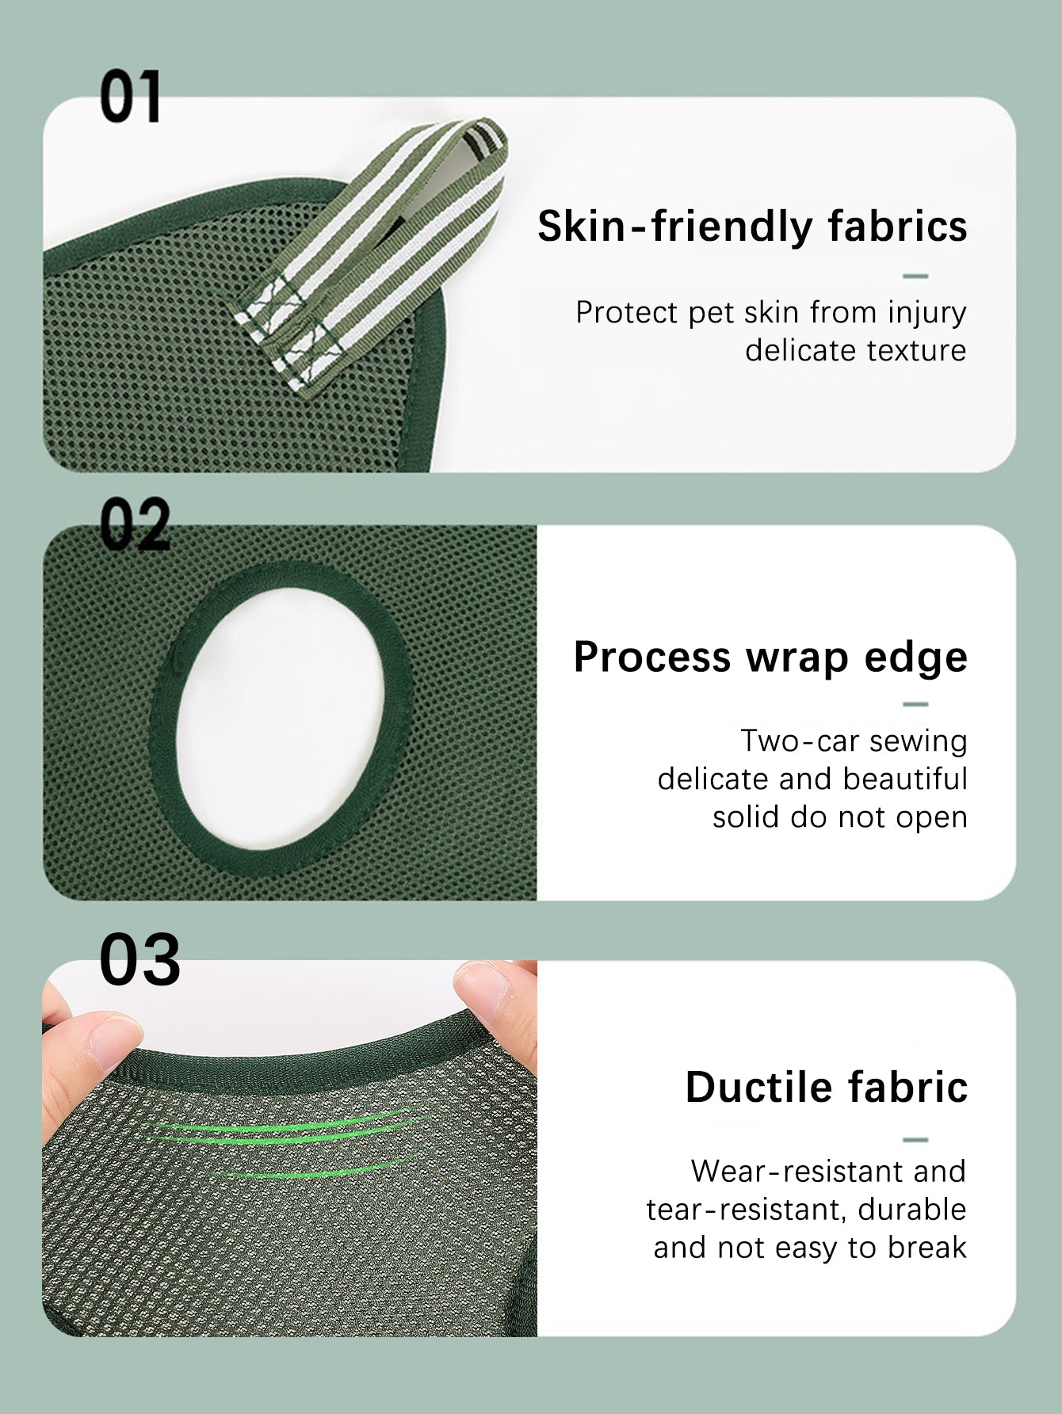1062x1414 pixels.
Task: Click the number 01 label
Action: click(130, 97)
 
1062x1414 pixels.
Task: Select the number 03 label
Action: click(139, 959)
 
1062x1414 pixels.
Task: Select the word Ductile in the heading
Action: click(758, 1087)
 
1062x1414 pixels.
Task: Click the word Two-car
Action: click(799, 741)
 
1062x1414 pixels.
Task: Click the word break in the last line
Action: click(927, 1248)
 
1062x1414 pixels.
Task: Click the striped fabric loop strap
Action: click(372, 253)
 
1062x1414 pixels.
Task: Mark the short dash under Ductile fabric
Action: click(915, 1140)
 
